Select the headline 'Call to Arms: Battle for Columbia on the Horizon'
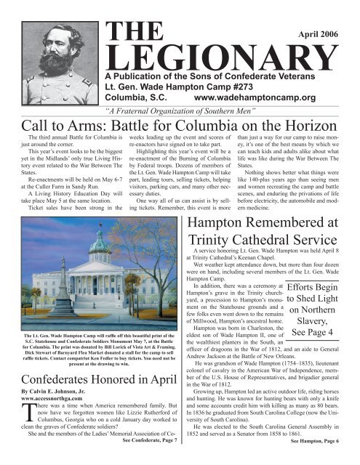point(180,126)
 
